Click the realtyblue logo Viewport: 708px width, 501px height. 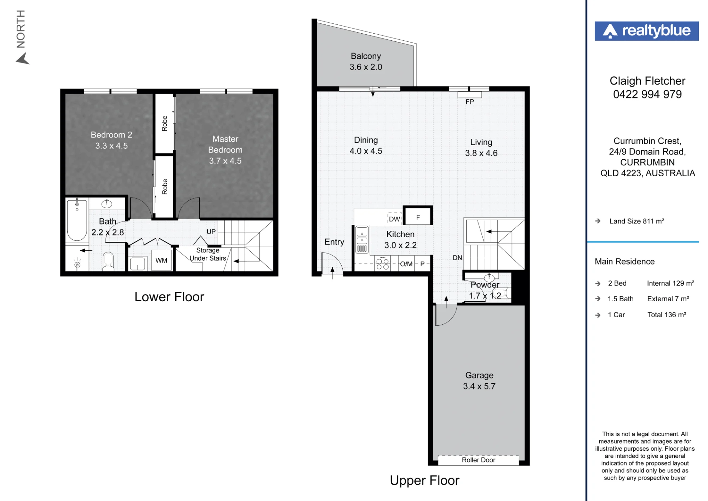pos(646,31)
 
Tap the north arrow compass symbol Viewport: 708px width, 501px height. pos(22,58)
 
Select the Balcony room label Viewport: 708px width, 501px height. pos(366,56)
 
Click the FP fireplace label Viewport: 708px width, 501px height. pos(469,102)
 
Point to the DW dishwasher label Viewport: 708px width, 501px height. pos(394,219)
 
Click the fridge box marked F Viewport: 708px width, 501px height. pos(418,215)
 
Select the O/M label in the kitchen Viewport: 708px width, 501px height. pos(406,264)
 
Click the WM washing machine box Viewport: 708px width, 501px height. pos(161,260)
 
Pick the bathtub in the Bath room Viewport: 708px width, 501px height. pos(77,220)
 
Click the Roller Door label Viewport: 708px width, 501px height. pos(478,460)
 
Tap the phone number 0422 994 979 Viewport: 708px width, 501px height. pos(647,95)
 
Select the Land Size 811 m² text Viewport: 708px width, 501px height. pos(636,221)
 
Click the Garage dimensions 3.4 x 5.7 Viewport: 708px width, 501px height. pos(479,386)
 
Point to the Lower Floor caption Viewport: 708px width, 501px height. pos(169,297)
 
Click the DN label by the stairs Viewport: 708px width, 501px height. pos(457,258)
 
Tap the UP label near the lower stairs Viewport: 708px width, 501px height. pos(211,232)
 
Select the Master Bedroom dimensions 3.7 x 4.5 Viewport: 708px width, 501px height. pos(225,161)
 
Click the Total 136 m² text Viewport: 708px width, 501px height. pos(667,315)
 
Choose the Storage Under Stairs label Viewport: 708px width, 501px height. pos(208,254)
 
